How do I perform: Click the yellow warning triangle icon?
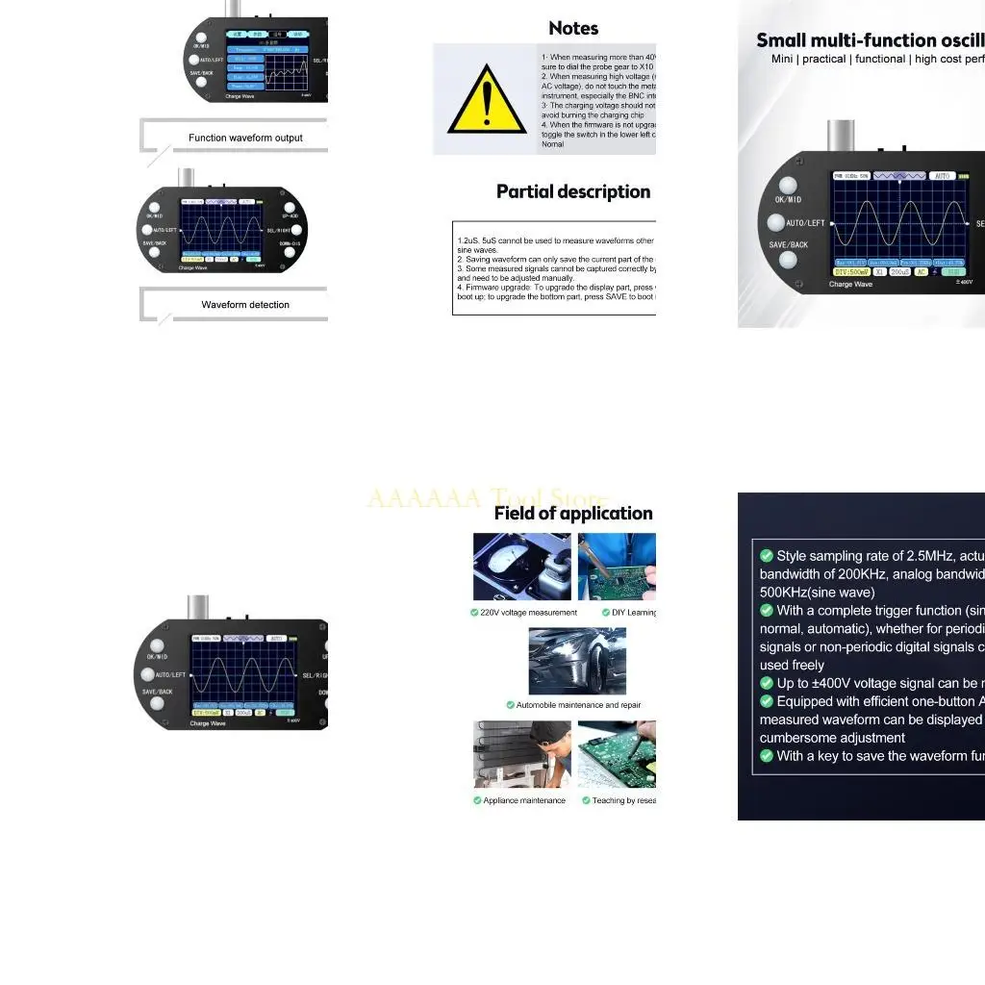[x=487, y=102]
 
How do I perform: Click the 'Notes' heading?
[x=573, y=29]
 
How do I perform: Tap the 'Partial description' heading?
[x=573, y=191]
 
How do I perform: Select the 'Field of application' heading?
[x=573, y=513]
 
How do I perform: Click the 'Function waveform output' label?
[x=245, y=138]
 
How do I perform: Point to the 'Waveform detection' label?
[x=245, y=305]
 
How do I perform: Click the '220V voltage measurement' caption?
[x=528, y=613]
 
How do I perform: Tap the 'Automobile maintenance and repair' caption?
[x=577, y=705]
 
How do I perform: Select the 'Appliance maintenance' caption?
[x=524, y=800]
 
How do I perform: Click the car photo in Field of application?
[x=577, y=662]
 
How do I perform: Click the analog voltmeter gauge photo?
[x=521, y=567]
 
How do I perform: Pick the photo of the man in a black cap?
[x=521, y=754]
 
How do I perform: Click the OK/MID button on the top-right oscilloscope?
[x=788, y=186]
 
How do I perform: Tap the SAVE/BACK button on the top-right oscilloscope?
[x=788, y=260]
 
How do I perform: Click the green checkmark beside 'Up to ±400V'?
[x=767, y=683]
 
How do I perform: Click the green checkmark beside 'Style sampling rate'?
[x=767, y=556]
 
